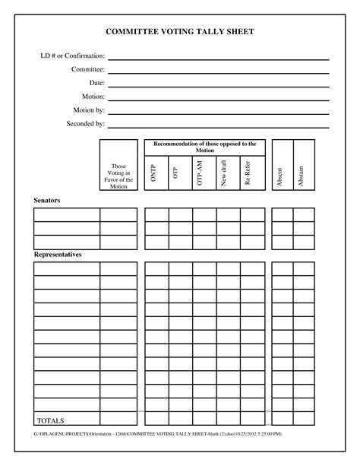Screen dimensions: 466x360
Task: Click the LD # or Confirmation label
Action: pos(73,56)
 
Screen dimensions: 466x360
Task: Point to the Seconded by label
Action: pos(86,123)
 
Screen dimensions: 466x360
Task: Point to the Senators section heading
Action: pos(47,201)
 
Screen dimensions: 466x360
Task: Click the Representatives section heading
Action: pos(58,255)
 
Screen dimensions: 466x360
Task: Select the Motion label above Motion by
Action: pos(93,97)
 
